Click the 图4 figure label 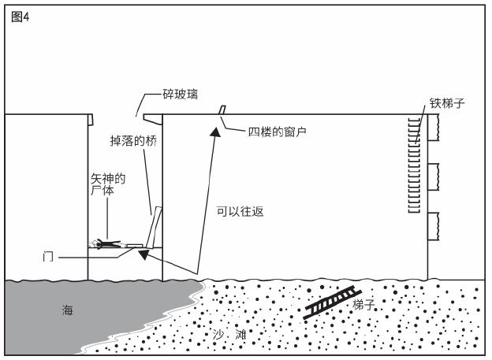pyautogui.click(x=20, y=17)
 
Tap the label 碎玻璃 pyautogui.click(x=180, y=94)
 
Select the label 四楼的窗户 pyautogui.click(x=277, y=132)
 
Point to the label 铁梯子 pyautogui.click(x=447, y=103)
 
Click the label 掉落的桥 pyautogui.click(x=133, y=141)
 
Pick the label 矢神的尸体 pyautogui.click(x=107, y=184)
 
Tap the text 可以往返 pyautogui.click(x=240, y=212)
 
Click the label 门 pyautogui.click(x=47, y=257)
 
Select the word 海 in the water pyautogui.click(x=68, y=310)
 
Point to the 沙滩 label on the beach pyautogui.click(x=229, y=335)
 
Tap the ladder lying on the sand pyautogui.click(x=332, y=302)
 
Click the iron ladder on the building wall pyautogui.click(x=414, y=165)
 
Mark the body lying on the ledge pyautogui.click(x=105, y=243)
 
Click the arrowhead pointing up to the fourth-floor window pyautogui.click(x=215, y=132)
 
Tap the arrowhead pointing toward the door pyautogui.click(x=143, y=254)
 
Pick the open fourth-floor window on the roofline pyautogui.click(x=222, y=110)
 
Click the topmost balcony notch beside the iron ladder pyautogui.click(x=434, y=128)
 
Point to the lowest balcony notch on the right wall pyautogui.click(x=434, y=227)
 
